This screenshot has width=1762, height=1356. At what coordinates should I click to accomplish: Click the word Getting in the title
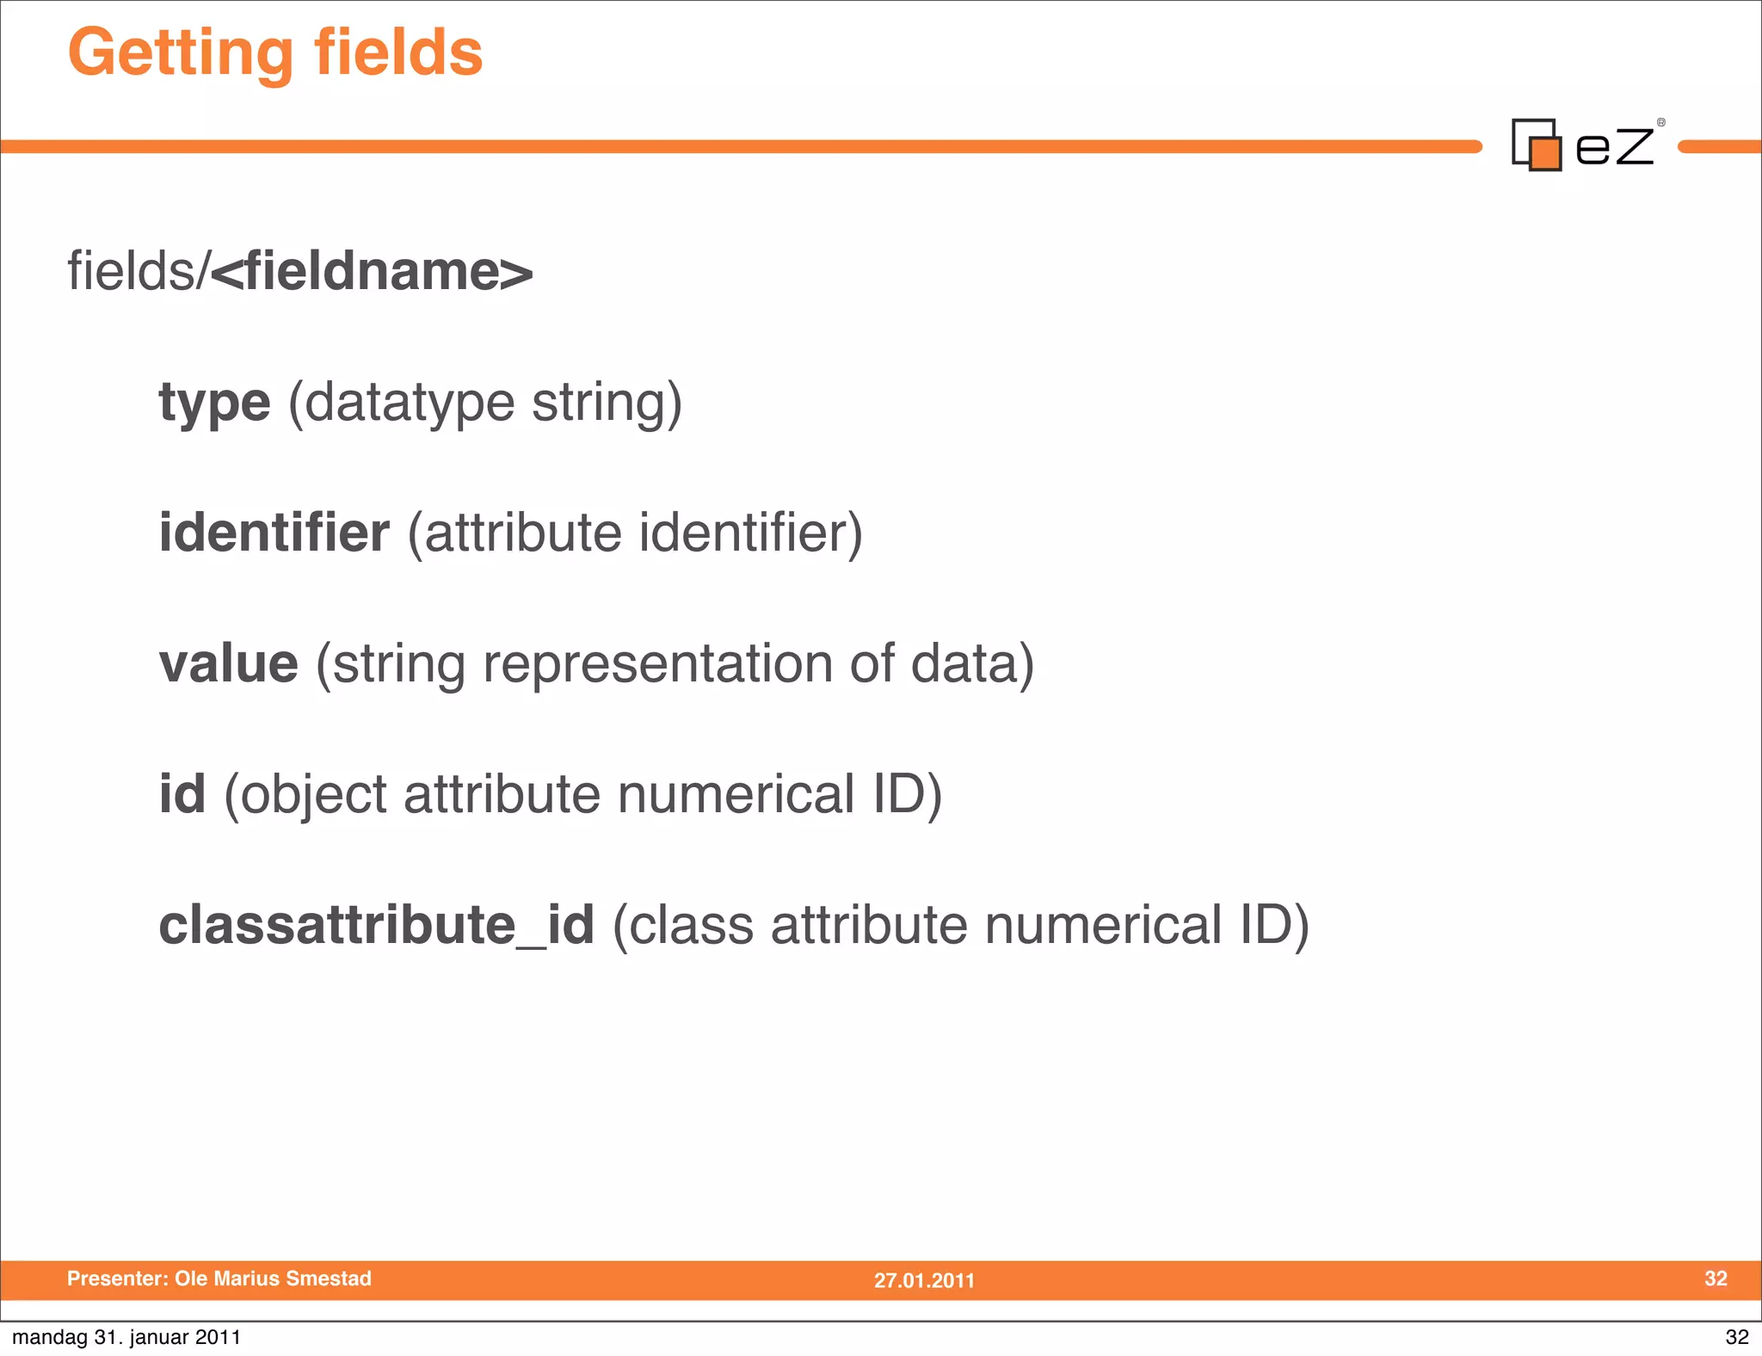click(181, 53)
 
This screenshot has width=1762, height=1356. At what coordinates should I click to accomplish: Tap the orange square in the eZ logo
click(1546, 153)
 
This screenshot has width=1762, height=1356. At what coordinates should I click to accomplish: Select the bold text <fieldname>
click(371, 271)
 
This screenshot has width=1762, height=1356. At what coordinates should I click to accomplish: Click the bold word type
click(214, 403)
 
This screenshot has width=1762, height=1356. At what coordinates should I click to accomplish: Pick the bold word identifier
click(274, 533)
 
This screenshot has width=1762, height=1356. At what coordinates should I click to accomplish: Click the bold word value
click(229, 663)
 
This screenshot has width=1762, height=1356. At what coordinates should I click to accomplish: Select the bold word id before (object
click(182, 793)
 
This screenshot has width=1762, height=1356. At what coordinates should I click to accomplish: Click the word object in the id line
click(314, 795)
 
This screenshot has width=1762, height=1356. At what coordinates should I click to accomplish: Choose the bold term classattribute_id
click(377, 925)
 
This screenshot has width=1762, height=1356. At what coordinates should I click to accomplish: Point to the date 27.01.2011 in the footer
click(924, 1280)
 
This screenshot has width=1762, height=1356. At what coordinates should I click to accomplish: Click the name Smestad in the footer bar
click(329, 1279)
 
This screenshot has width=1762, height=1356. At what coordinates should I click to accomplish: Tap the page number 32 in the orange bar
click(1716, 1279)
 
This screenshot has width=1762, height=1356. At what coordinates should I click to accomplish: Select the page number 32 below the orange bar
click(1736, 1337)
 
